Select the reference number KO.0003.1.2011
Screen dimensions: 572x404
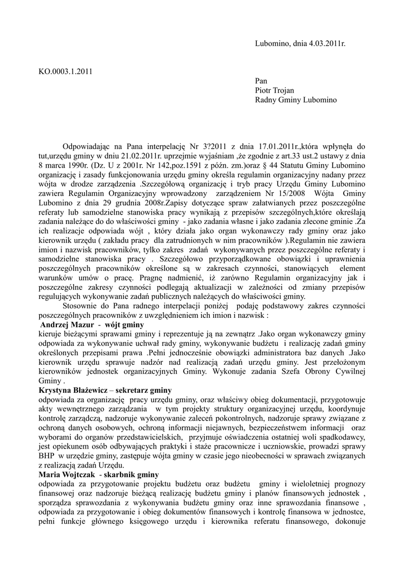pyautogui.click(x=65, y=71)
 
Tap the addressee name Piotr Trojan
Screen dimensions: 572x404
pyautogui.click(x=275, y=90)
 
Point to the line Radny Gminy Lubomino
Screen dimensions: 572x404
pyautogui.click(x=296, y=101)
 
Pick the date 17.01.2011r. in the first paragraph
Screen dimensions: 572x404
pyautogui.click(x=276, y=146)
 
